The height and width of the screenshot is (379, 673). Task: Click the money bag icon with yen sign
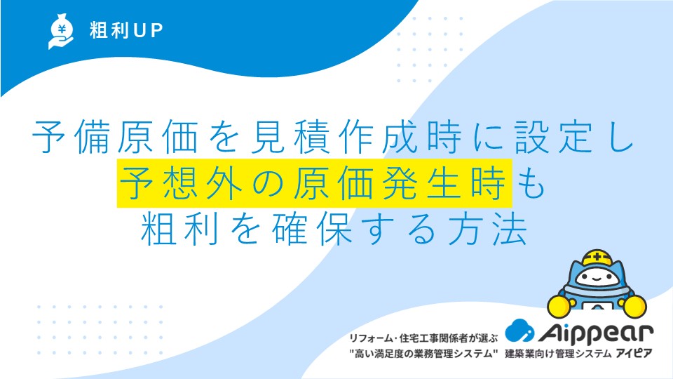pos(61,31)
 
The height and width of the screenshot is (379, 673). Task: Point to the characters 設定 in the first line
pos(554,138)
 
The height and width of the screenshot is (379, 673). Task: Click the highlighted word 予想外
pos(180,183)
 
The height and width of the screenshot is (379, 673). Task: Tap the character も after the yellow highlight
pos(531,184)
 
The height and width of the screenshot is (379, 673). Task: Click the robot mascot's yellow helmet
pos(597,258)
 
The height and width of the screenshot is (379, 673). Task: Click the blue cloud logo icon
pos(519,331)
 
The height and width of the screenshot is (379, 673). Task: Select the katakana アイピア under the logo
pos(634,354)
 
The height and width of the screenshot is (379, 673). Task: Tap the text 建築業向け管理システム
pos(558,354)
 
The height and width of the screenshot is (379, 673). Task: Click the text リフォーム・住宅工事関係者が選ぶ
pos(423,338)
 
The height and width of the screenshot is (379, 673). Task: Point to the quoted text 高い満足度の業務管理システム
pos(423,354)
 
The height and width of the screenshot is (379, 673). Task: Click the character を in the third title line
pos(245,230)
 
